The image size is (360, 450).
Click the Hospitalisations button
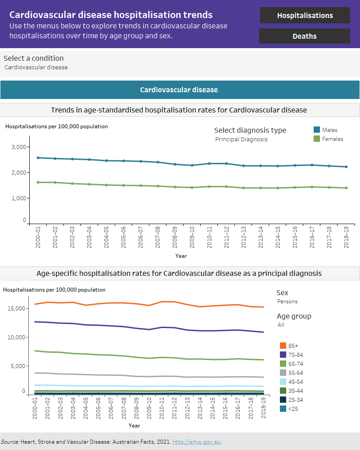(x=305, y=15)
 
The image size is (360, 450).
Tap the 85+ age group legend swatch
(x=283, y=346)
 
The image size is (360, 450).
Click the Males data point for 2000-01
(x=38, y=158)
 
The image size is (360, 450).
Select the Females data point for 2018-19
(x=346, y=188)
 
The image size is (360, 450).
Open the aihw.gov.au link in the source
(x=197, y=442)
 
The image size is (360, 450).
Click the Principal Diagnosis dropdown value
(x=241, y=139)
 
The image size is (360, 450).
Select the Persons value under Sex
(x=287, y=301)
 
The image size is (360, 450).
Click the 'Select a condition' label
(x=34, y=58)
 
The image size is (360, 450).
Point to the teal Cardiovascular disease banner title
(x=179, y=90)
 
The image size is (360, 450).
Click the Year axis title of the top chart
(x=181, y=256)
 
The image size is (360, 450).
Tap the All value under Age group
(x=281, y=325)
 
